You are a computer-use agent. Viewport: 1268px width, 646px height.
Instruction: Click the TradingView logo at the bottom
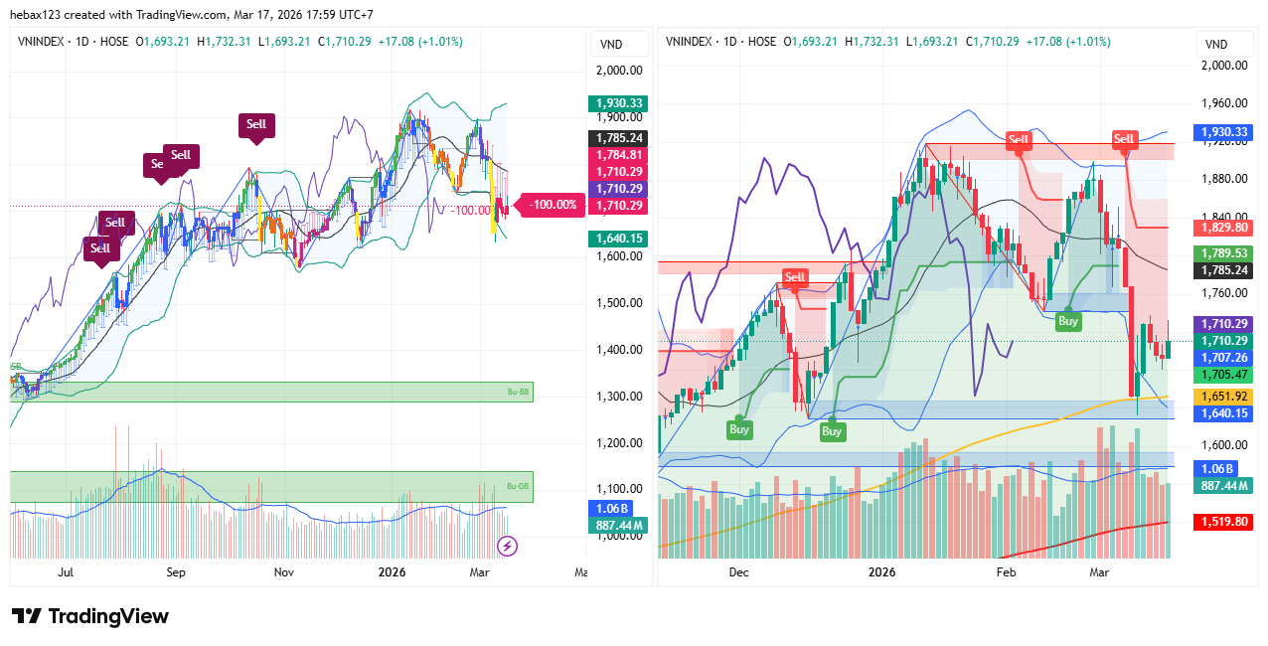[x=89, y=616]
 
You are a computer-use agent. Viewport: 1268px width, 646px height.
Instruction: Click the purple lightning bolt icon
[x=507, y=545]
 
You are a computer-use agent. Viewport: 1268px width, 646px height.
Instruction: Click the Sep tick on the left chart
[x=176, y=572]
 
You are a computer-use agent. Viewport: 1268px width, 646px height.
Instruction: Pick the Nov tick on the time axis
[x=285, y=572]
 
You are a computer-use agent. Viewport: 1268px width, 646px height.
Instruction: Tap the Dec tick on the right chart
[x=738, y=572]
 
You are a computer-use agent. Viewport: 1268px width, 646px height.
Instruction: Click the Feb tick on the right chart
[x=1006, y=572]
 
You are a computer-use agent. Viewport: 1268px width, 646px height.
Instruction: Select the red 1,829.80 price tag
[x=1225, y=228]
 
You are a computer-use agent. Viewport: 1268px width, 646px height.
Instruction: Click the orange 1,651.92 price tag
[x=1225, y=396]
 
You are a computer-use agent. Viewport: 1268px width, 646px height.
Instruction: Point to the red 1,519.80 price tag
[x=1225, y=521]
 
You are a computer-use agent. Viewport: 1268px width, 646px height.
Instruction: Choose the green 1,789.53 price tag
[x=1225, y=253]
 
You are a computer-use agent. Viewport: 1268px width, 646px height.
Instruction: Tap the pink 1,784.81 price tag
[x=618, y=155]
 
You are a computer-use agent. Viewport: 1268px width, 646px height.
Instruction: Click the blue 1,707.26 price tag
[x=1225, y=358]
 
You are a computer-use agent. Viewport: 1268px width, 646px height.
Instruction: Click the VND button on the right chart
[x=1217, y=44]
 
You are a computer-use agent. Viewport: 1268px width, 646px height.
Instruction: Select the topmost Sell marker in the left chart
[x=256, y=124]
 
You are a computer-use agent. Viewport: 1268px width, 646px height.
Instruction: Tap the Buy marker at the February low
[x=1068, y=321]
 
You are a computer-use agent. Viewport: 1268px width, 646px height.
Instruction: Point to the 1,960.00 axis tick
[x=1225, y=102]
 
